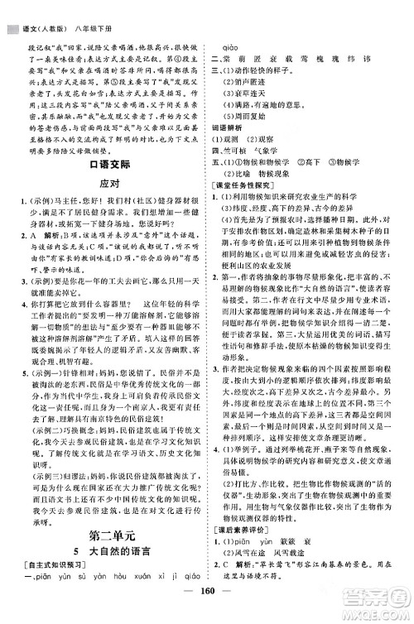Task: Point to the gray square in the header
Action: pos(12,9)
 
